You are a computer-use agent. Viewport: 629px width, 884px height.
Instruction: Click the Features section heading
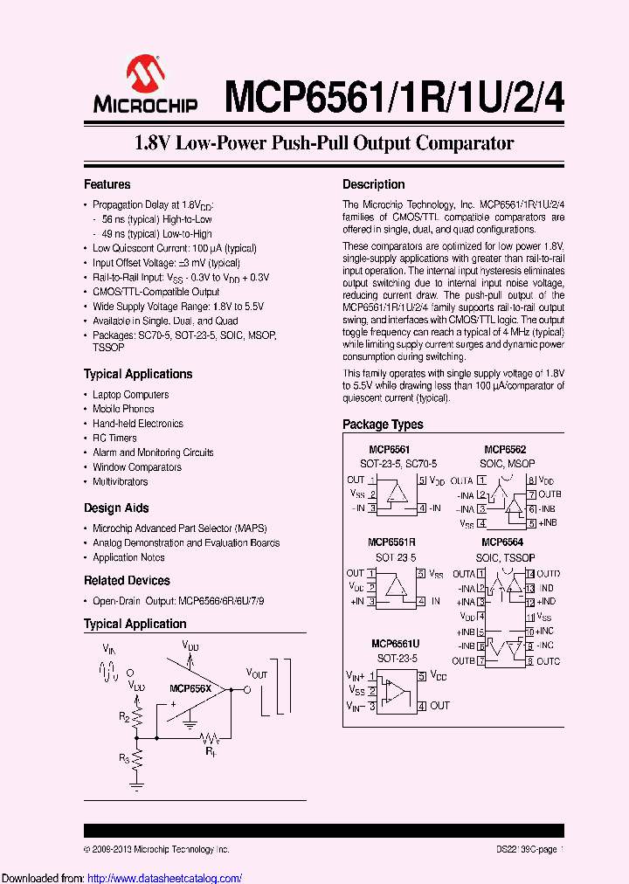pyautogui.click(x=107, y=184)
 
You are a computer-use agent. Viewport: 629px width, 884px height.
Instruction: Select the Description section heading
pyautogui.click(x=373, y=184)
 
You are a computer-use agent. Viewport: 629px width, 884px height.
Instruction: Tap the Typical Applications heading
pyautogui.click(x=138, y=374)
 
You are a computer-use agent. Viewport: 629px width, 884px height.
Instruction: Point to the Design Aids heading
pyautogui.click(x=116, y=508)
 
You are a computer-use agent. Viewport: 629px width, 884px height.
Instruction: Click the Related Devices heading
pyautogui.click(x=127, y=580)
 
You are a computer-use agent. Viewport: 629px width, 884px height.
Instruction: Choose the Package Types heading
pyautogui.click(x=383, y=424)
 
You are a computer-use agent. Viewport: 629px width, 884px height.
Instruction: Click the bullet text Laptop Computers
pyautogui.click(x=130, y=395)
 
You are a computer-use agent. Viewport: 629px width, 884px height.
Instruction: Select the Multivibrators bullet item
pyautogui.click(x=121, y=481)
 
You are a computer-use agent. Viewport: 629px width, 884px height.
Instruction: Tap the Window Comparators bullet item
pyautogui.click(x=137, y=467)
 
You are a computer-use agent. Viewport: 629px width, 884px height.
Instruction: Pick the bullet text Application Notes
pyautogui.click(x=128, y=557)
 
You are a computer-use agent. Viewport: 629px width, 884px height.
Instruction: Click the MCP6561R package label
pyautogui.click(x=391, y=542)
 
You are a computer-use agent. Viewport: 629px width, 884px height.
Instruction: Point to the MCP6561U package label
pyautogui.click(x=395, y=644)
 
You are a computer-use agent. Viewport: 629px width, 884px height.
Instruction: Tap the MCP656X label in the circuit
pyautogui.click(x=190, y=687)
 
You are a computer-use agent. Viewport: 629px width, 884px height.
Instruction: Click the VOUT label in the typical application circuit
pyautogui.click(x=257, y=673)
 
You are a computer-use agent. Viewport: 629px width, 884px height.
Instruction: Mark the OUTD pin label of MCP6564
pyautogui.click(x=548, y=574)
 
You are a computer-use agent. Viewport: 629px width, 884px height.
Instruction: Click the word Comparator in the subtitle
pyautogui.click(x=464, y=143)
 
